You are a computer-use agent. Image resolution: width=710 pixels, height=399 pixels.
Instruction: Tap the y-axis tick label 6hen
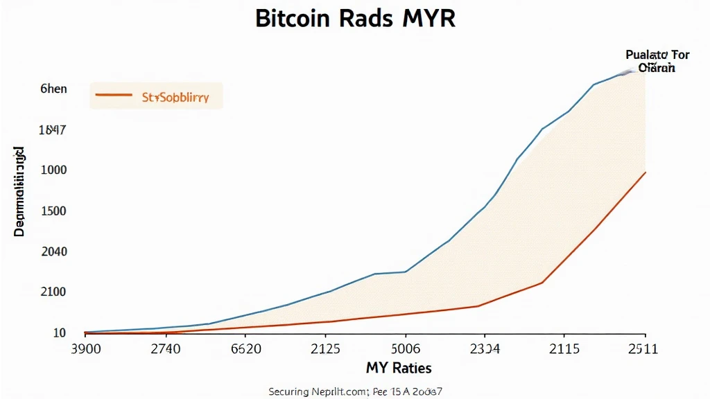pos(53,89)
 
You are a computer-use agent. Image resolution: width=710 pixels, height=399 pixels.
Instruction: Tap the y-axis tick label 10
pos(60,333)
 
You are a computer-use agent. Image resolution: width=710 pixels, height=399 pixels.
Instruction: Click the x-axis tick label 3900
pos(86,349)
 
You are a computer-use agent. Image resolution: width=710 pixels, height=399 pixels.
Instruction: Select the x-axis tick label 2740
pos(166,349)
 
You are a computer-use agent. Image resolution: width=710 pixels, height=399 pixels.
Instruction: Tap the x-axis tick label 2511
pos(643,349)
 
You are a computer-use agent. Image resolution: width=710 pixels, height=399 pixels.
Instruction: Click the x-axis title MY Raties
pos(399,367)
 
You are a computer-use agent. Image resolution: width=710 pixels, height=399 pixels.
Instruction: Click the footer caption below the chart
pos(355,391)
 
